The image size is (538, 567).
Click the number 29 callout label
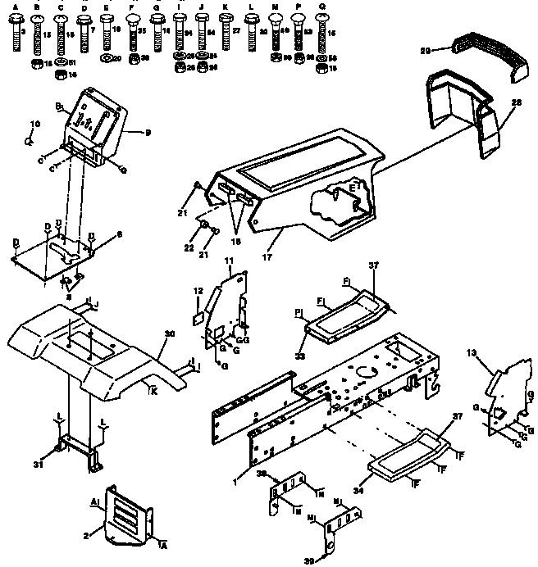tap(448, 51)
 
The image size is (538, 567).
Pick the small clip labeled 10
tap(29, 140)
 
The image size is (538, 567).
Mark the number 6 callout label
tap(119, 234)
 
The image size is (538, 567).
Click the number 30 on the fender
tap(170, 333)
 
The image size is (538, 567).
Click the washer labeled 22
tap(202, 225)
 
